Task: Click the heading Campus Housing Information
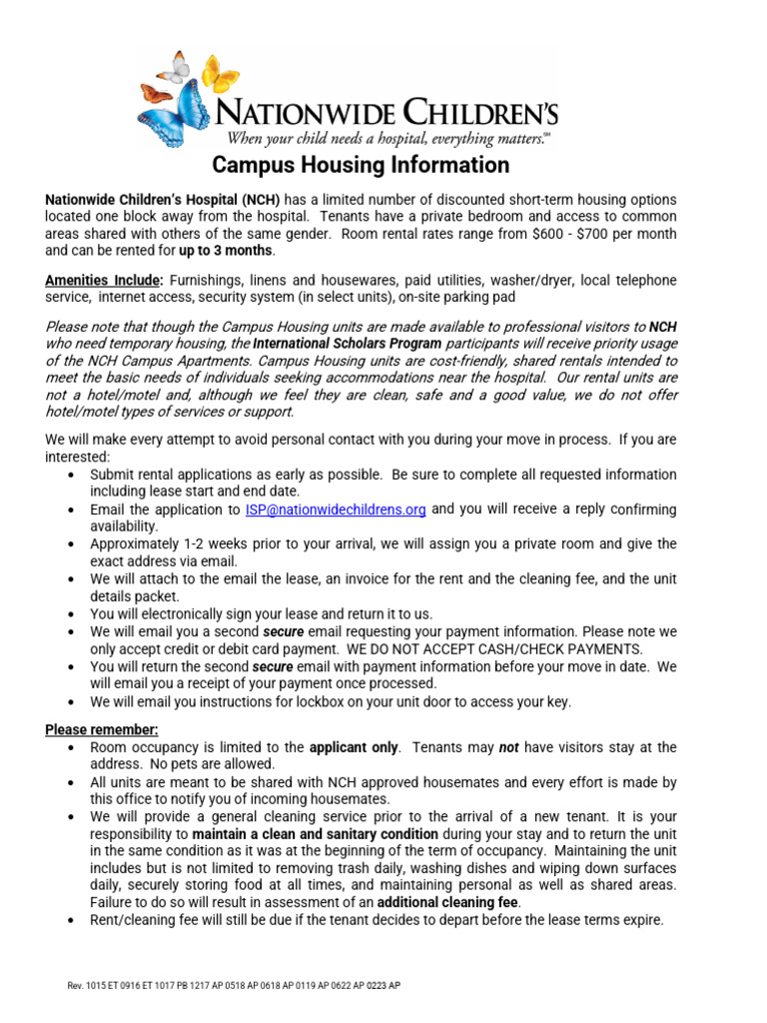(362, 165)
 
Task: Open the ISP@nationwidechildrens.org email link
(336, 510)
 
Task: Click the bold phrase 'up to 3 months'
(225, 251)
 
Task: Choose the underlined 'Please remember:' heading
(102, 729)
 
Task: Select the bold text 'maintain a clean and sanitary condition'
(316, 833)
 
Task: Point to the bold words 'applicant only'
(355, 747)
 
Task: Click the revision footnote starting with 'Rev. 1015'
(234, 986)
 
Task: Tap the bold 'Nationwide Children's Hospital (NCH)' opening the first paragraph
(163, 200)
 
